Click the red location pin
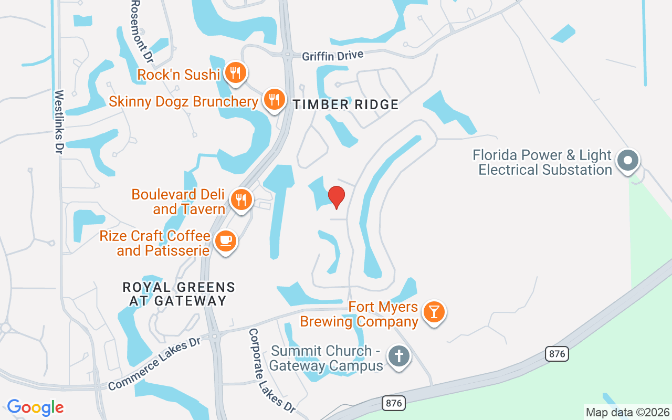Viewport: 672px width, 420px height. (337, 197)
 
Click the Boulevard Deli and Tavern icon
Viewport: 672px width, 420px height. (241, 199)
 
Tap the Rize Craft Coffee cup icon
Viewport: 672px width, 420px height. (226, 241)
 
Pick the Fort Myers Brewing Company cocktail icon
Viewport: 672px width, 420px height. (434, 311)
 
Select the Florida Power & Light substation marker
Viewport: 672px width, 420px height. (628, 160)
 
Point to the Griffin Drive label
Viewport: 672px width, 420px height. (333, 55)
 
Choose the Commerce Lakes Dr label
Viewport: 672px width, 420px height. (155, 363)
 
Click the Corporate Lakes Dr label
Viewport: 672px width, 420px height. (271, 371)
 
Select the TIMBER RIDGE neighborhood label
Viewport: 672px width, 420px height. (346, 104)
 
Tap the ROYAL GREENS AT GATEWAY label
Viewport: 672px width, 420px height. (179, 294)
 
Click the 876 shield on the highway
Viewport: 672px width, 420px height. (556, 353)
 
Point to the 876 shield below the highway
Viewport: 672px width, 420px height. (393, 403)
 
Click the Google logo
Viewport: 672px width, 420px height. (35, 407)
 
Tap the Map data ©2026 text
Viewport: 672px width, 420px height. (627, 412)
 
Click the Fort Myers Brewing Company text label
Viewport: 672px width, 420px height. (359, 314)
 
